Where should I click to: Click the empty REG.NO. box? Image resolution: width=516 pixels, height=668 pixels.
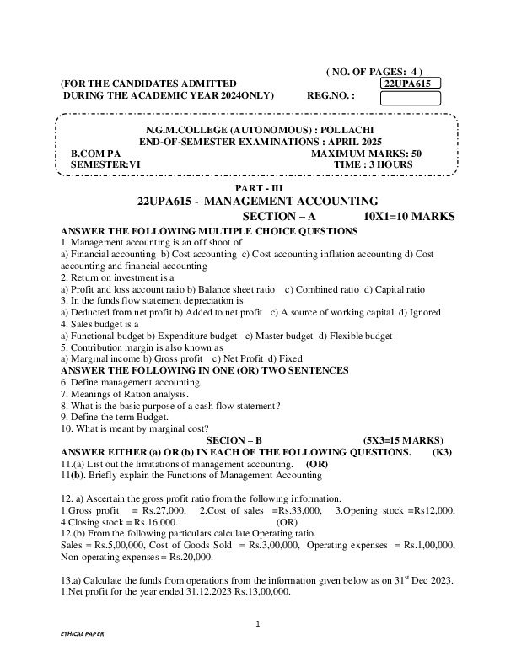(411, 98)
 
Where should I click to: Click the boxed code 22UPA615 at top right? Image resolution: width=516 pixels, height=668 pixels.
(411, 83)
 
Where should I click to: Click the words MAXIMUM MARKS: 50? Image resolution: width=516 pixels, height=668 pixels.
(366, 154)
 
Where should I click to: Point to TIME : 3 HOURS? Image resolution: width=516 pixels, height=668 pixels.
(373, 164)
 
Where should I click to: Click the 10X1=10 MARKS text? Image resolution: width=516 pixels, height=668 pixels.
(409, 217)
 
